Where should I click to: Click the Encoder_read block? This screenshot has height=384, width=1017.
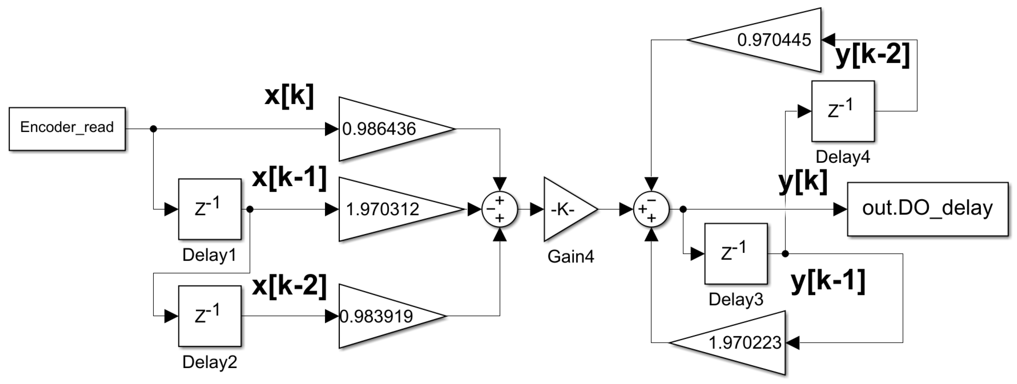(67, 128)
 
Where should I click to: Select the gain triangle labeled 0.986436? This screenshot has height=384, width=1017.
(387, 129)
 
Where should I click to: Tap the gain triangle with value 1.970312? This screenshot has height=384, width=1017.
(391, 209)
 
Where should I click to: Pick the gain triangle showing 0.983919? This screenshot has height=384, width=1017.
(383, 316)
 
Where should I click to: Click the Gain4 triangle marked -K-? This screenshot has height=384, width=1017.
(566, 209)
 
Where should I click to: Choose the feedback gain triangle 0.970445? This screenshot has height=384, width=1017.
(766, 40)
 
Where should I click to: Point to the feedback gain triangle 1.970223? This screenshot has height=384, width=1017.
(738, 342)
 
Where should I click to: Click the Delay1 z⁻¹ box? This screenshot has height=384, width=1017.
(210, 209)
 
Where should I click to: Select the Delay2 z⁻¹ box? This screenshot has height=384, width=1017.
(210, 316)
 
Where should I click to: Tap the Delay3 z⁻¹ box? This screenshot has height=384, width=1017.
(736, 254)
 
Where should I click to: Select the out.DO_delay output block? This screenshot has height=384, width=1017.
(928, 209)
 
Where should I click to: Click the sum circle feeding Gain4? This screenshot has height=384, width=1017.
(499, 209)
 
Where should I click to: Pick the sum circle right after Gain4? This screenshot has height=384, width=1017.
(651, 209)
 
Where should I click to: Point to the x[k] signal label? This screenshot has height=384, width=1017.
(289, 96)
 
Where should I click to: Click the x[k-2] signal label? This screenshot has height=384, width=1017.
(289, 285)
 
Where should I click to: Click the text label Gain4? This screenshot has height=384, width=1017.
(571, 257)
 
